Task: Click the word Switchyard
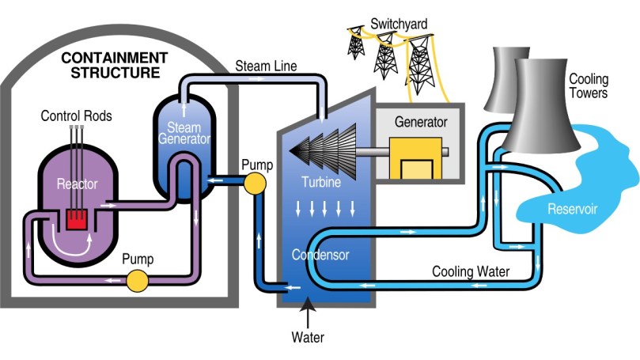tap(399, 24)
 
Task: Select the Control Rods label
tap(76, 116)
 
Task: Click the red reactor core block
tap(77, 218)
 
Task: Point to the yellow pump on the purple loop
tap(138, 280)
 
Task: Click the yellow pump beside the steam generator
tap(255, 184)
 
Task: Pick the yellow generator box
tap(415, 160)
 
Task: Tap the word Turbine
tap(321, 183)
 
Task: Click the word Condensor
tap(320, 255)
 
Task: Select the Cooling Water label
tap(469, 271)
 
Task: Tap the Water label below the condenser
tap(307, 338)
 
